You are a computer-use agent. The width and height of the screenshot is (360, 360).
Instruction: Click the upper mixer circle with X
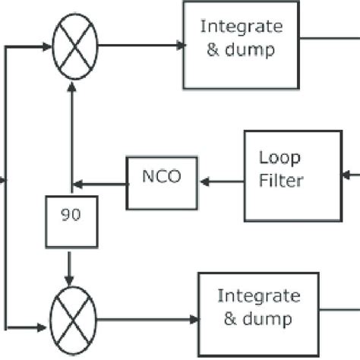[x=74, y=44]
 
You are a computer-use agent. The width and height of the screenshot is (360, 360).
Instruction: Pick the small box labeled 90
[x=71, y=221]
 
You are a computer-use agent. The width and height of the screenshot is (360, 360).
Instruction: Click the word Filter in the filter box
[x=282, y=181]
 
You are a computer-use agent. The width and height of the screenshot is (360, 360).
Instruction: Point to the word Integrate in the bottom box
[x=258, y=295]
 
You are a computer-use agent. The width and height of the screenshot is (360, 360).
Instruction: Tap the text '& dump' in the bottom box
[x=257, y=320]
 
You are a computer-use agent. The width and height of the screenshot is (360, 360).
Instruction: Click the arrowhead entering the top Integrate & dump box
[x=178, y=45]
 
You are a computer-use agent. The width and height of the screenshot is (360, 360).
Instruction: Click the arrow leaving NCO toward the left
[x=99, y=182]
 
